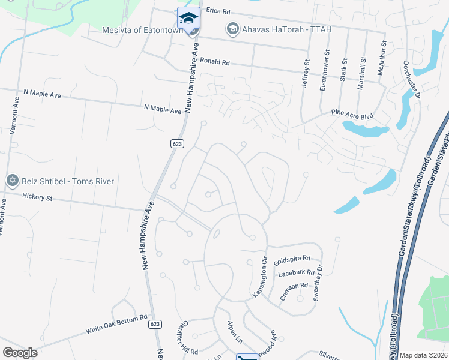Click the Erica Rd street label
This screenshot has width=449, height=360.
point(218,11)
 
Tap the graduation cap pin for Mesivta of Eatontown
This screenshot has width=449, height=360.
point(188,17)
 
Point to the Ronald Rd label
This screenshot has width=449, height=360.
point(215,62)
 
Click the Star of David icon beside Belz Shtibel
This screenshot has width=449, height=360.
point(11,181)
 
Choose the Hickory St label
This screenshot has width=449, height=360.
point(37,196)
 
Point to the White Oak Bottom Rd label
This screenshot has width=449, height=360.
point(116,324)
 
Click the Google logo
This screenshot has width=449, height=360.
point(20,353)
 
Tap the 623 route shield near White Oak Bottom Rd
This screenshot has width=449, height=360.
point(155,323)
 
